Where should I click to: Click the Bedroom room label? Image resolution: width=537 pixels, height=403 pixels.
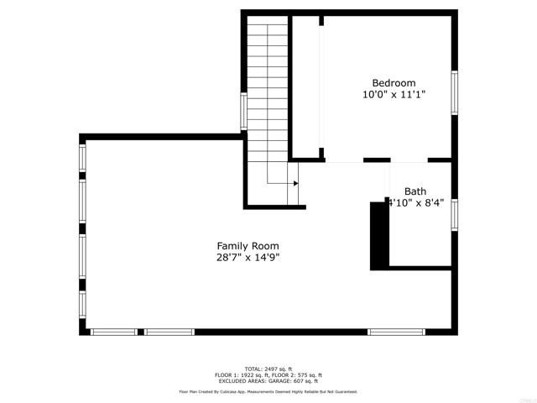point(394,83)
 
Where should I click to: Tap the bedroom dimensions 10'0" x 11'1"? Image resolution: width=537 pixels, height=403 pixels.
point(394,96)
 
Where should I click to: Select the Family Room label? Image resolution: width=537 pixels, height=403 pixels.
point(247,246)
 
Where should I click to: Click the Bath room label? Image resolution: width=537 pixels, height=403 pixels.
point(415,191)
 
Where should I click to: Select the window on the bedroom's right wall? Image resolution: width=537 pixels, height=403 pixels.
point(455,92)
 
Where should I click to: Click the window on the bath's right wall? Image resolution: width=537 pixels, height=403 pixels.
point(455,214)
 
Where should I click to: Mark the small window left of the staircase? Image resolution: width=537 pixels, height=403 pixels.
point(243,111)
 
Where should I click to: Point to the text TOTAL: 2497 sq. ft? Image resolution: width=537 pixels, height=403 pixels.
point(268,369)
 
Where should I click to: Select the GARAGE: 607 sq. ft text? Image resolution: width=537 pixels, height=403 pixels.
point(292,381)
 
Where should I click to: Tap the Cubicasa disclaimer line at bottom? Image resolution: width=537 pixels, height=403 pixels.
point(268,391)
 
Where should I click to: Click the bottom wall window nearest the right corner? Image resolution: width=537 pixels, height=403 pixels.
point(394,332)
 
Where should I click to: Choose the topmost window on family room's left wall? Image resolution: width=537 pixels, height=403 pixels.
point(82,157)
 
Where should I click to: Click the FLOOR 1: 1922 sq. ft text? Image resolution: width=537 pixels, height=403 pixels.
point(241,375)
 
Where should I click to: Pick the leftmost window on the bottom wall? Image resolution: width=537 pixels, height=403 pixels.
point(113,332)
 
